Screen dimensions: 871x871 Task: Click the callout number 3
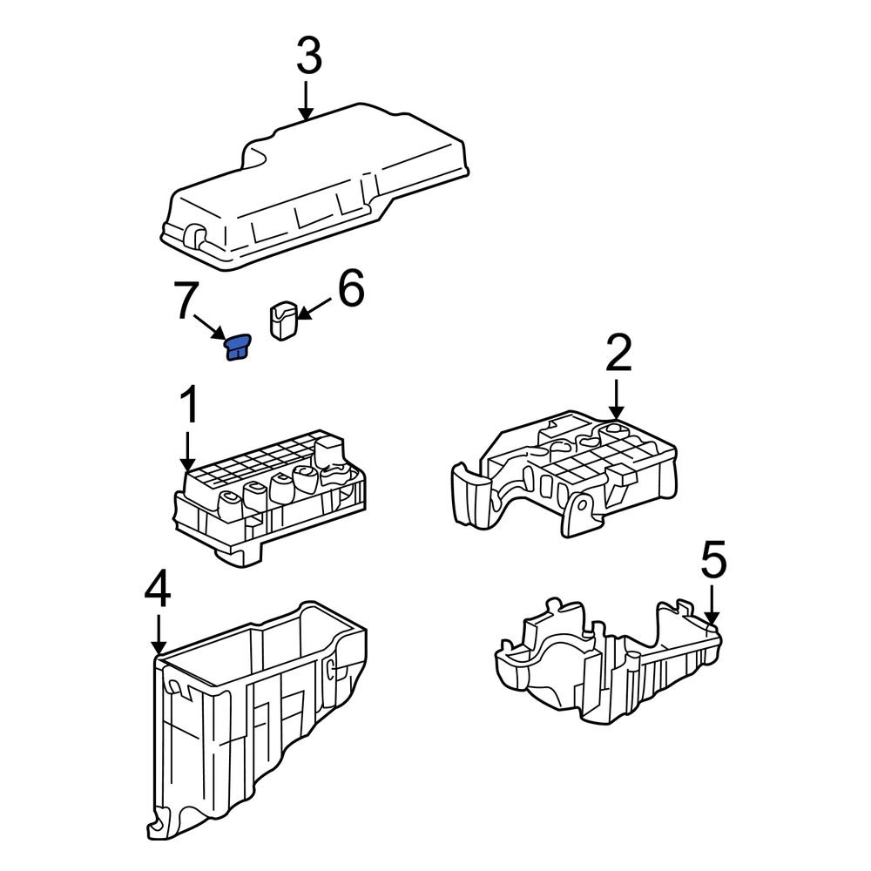pos(308,57)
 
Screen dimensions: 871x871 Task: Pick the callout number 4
pos(158,591)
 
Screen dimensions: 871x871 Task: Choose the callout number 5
pos(712,562)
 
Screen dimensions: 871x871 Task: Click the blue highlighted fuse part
pos(237,348)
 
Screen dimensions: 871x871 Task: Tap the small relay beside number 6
pos(284,321)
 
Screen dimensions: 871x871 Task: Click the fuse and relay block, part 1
pos(270,496)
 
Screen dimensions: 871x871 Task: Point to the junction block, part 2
pos(566,475)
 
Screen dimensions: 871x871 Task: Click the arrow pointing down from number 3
pos(306,99)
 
